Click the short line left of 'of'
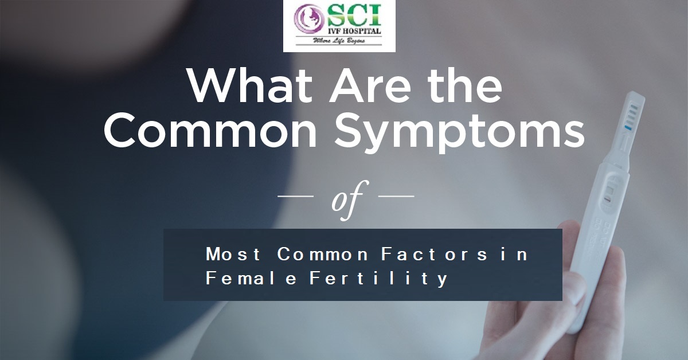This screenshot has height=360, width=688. [x=295, y=195]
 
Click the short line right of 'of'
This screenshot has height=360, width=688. [x=396, y=195]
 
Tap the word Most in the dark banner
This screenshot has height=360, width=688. [x=233, y=255]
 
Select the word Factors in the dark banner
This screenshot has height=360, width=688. [x=434, y=255]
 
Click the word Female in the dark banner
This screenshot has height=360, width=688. [x=251, y=278]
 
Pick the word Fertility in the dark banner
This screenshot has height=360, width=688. [x=378, y=279]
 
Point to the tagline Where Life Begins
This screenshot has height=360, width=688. [x=339, y=41]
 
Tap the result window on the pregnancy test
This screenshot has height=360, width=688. [x=609, y=192]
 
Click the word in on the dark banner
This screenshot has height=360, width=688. [x=514, y=255]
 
